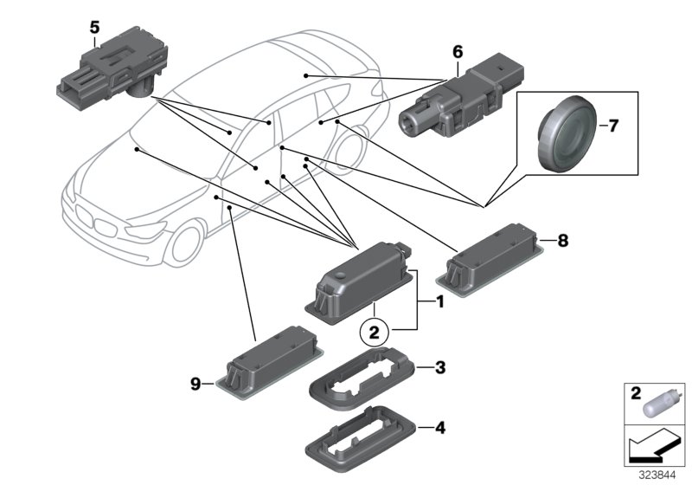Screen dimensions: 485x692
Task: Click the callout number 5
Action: tap(94, 27)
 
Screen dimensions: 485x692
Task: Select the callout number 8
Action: tap(563, 242)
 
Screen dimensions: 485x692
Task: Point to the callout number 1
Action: tap(439, 302)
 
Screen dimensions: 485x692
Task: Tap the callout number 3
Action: tap(439, 369)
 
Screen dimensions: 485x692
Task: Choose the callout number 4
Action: tap(439, 426)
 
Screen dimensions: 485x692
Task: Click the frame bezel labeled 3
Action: tap(362, 381)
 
